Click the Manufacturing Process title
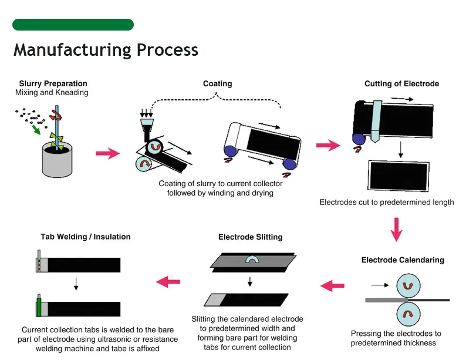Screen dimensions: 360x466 (x=106, y=49)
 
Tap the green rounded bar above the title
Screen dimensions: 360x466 (x=73, y=25)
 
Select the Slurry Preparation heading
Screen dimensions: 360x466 (x=53, y=83)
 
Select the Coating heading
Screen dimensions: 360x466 (x=217, y=83)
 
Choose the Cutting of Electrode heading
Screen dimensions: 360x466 (x=401, y=83)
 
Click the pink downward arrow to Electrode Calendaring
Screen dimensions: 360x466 (x=397, y=229)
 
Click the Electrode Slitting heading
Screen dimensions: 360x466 (x=250, y=237)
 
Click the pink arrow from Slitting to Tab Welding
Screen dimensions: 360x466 (x=168, y=282)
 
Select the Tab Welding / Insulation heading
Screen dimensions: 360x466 (x=86, y=237)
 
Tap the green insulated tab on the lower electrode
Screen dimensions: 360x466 (x=39, y=307)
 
